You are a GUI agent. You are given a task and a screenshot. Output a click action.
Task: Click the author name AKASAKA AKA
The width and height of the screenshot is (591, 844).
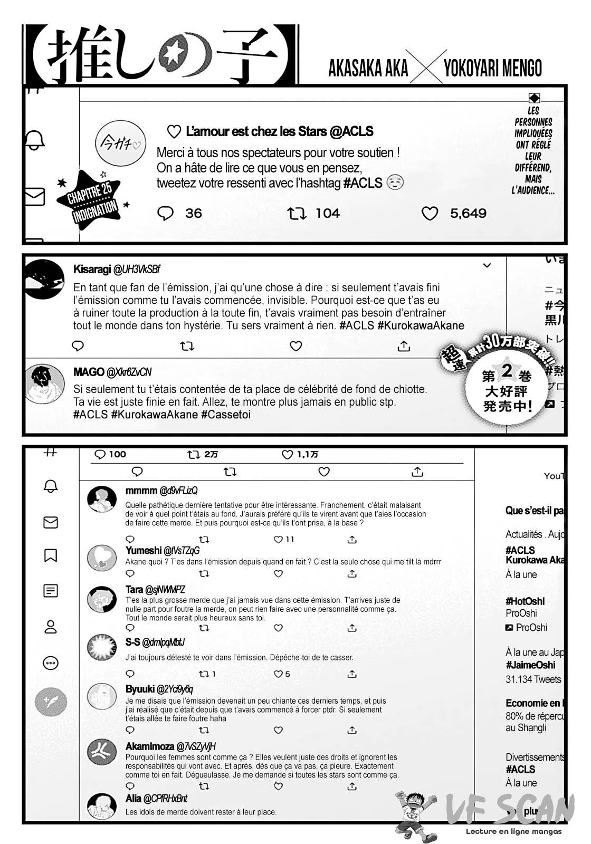tap(368, 68)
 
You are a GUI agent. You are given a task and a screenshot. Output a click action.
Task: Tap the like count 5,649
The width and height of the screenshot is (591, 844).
tap(468, 213)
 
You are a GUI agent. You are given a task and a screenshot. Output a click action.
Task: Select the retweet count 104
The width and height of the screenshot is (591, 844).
tap(327, 213)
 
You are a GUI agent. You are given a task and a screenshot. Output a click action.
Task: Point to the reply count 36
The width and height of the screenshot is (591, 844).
tap(193, 213)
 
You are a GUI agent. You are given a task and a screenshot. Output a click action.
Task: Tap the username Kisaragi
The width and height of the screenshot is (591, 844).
tap(92, 270)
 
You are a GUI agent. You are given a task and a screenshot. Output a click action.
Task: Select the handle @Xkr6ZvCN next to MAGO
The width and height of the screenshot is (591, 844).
tap(129, 372)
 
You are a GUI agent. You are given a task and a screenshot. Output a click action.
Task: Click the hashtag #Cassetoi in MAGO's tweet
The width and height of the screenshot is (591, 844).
tap(226, 415)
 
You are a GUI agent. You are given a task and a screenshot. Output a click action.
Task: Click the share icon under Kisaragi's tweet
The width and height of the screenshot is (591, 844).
tap(404, 346)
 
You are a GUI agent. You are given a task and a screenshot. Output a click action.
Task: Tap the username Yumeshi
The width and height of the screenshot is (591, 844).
tap(144, 550)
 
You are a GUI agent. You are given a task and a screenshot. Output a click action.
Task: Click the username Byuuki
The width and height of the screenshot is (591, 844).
tap(140, 689)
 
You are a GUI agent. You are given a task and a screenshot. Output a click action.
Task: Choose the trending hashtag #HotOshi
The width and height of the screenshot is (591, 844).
tap(525, 601)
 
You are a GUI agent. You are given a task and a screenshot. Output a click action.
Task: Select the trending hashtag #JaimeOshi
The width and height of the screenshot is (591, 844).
tap(530, 665)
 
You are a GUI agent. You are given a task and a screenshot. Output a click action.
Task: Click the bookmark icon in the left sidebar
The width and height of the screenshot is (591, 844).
tap(51, 555)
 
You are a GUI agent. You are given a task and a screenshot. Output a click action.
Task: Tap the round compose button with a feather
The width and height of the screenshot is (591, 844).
tap(51, 702)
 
